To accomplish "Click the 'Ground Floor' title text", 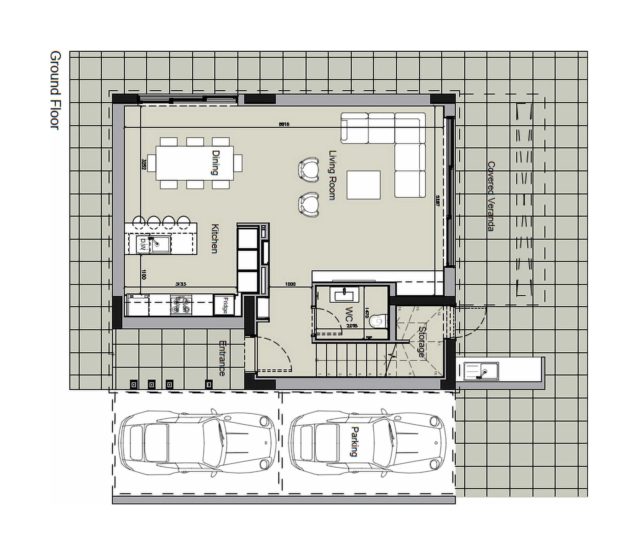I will coord(55,91).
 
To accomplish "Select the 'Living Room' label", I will coord(332,175).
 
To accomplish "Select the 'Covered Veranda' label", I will coord(491,196).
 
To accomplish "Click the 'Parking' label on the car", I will coord(355,442).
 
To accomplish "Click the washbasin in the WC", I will coord(344,294).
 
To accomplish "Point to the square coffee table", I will coord(364,185).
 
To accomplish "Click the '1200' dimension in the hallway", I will coord(290,284).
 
